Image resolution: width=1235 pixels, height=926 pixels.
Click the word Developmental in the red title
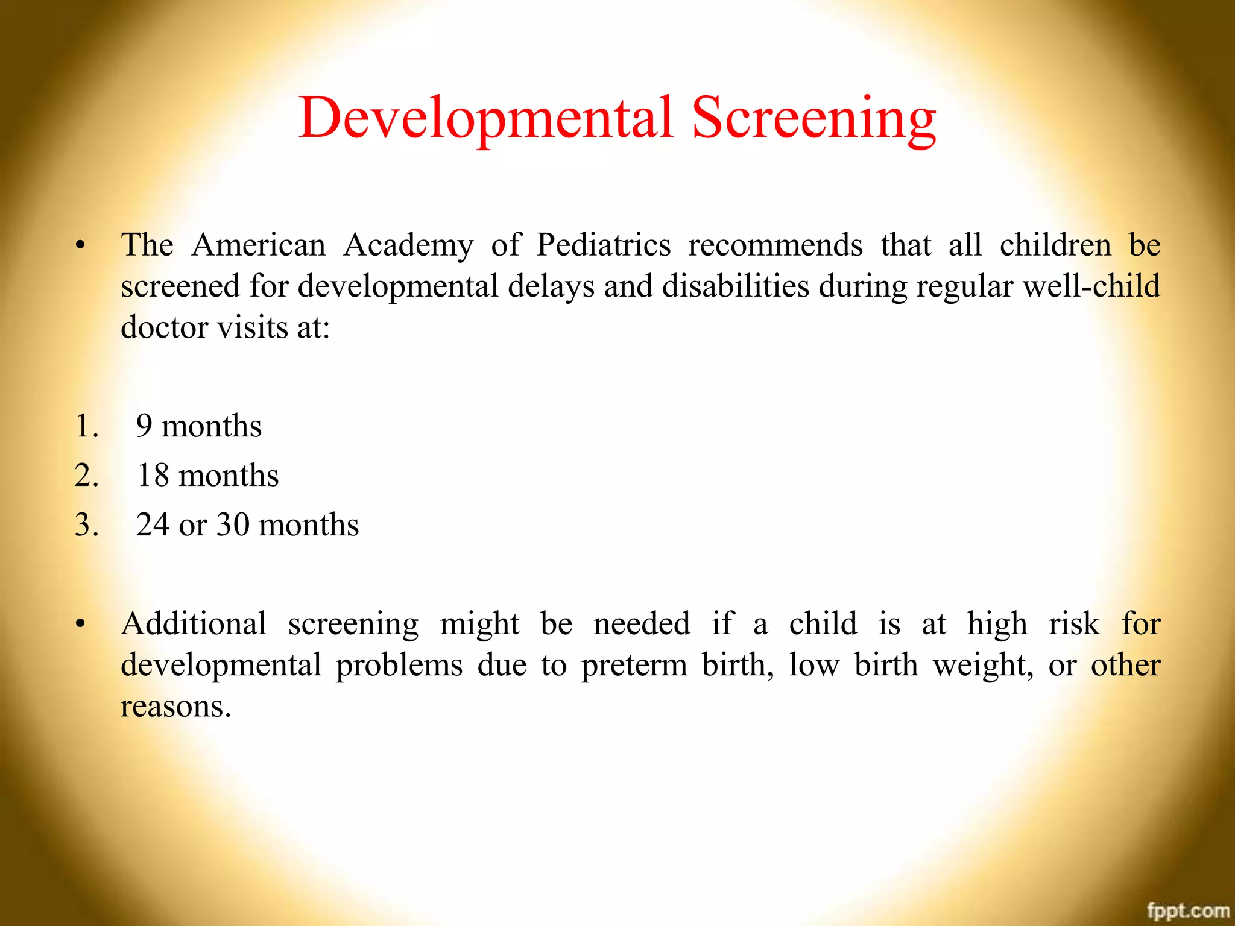tap(485, 118)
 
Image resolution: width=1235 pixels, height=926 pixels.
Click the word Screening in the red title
tap(814, 118)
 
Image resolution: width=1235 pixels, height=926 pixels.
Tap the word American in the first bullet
tap(259, 245)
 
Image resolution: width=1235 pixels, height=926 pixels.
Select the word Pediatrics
tap(604, 245)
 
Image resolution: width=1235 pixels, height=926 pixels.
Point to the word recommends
tap(775, 245)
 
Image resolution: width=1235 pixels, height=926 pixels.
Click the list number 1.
tap(86, 426)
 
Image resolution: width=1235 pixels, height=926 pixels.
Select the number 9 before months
tap(144, 426)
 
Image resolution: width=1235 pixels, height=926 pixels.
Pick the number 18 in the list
tap(153, 476)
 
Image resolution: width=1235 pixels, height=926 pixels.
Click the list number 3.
tap(86, 525)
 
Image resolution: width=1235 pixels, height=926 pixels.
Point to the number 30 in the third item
tap(233, 525)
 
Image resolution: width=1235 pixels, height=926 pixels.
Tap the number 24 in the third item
tap(152, 525)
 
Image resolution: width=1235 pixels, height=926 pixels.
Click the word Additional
tap(194, 623)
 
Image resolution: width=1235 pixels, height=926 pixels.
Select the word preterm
tap(634, 666)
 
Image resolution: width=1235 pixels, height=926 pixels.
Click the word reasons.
tap(175, 707)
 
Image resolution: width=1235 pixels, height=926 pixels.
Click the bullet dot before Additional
tap(80, 625)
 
